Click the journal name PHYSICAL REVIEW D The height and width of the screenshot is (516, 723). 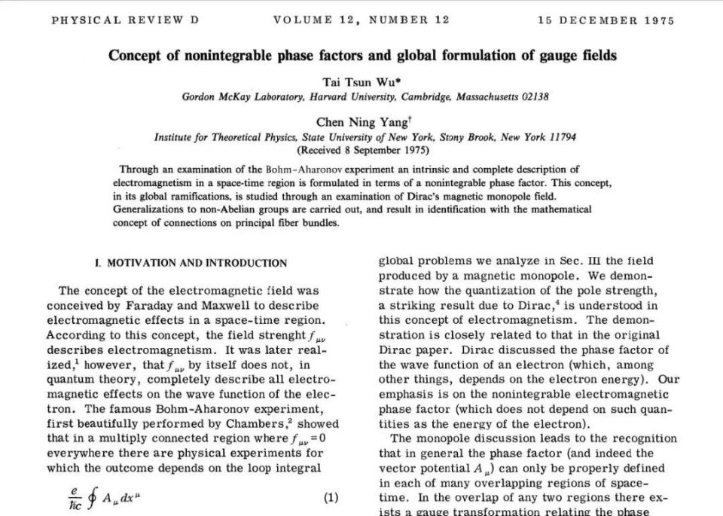pyautogui.click(x=125, y=20)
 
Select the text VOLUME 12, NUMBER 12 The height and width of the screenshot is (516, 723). pyautogui.click(x=361, y=20)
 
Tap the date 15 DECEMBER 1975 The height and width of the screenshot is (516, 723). pyautogui.click(x=606, y=20)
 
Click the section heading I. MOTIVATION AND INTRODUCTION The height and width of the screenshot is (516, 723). pyautogui.click(x=191, y=263)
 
